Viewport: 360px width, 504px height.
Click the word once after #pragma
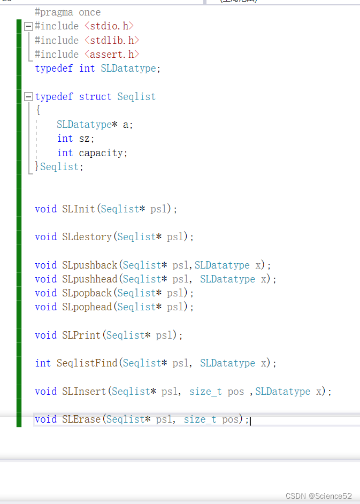pos(90,12)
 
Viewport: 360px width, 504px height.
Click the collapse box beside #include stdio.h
pos(28,26)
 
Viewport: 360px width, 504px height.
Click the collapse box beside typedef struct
pos(28,97)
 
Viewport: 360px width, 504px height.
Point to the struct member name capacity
pos(101,153)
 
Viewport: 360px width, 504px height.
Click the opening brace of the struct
pos(38,110)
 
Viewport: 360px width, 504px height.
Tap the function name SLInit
pos(79,209)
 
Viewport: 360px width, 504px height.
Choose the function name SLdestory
pos(87,236)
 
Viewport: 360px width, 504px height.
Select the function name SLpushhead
pos(90,279)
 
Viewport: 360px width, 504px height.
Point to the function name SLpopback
pos(87,293)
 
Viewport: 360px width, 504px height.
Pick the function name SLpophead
pos(87,307)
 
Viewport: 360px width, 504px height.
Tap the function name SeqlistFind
pos(87,363)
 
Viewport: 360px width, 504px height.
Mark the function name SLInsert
pos(84,391)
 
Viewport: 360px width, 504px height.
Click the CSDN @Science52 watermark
pos(319,496)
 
